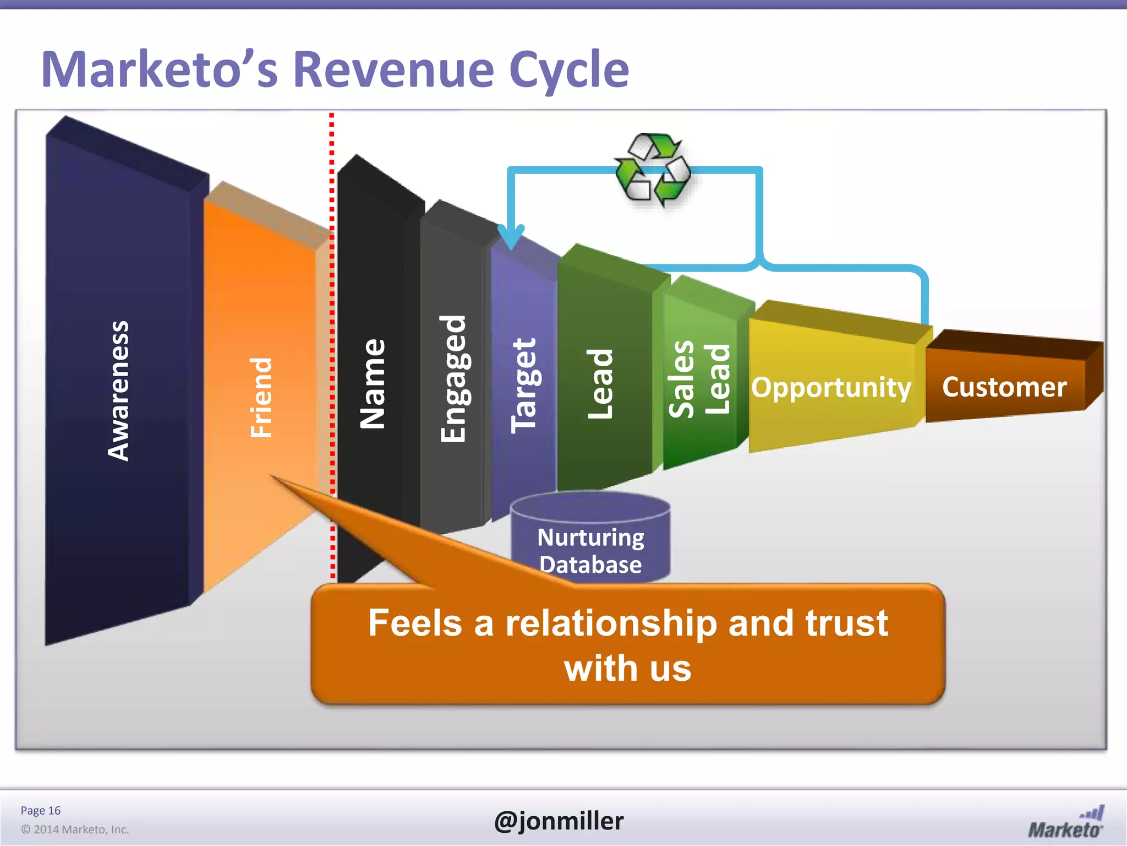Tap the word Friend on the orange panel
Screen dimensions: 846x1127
coord(261,397)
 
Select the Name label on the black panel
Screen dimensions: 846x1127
coord(373,384)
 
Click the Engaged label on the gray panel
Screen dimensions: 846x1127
coord(453,379)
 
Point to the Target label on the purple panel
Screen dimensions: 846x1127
coord(523,385)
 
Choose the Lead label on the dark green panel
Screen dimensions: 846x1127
coord(600,384)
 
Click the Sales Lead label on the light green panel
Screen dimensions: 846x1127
coord(699,379)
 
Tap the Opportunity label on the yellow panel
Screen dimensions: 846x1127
coord(831,387)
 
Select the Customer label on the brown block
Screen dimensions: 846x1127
coord(1004,387)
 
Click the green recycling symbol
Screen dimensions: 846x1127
coord(653,170)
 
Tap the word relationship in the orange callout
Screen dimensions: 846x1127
coord(611,623)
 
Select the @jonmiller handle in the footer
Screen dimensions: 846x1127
coord(559,821)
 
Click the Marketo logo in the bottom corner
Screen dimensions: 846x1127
coord(1065,823)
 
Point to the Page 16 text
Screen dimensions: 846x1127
coord(40,810)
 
